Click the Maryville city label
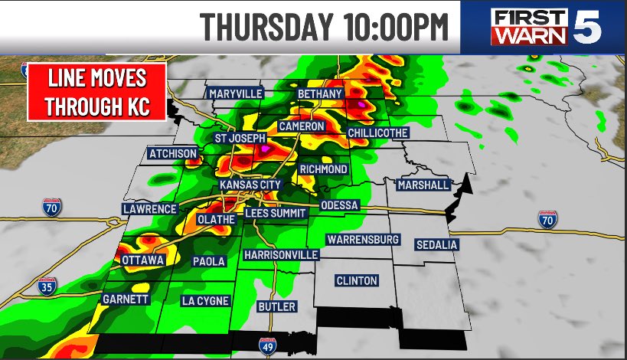235,93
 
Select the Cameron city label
302,126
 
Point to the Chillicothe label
377,133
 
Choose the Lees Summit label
276,213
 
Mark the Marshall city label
423,185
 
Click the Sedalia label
436,244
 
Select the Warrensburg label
363,240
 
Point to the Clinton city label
357,280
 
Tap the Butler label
276,306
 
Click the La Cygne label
205,301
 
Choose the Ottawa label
142,261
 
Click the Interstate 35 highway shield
47,286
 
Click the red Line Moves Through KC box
97,92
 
